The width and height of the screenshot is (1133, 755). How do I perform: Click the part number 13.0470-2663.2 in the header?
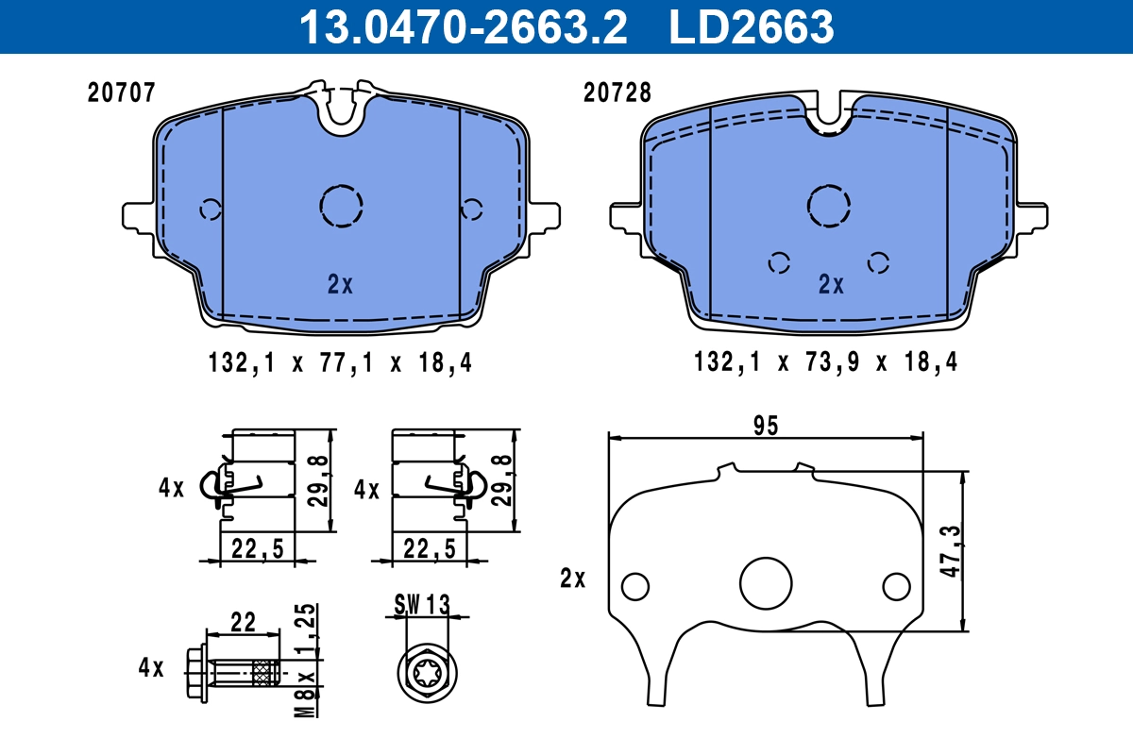tap(463, 26)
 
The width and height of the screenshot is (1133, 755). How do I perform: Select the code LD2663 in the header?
tap(752, 26)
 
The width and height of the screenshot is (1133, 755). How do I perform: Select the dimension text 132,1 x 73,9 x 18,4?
tap(825, 362)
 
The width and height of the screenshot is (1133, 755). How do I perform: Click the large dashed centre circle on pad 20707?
tap(341, 205)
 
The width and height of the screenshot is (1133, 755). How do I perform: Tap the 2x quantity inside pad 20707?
tap(340, 284)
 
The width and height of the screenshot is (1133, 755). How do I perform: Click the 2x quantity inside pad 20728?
tap(831, 284)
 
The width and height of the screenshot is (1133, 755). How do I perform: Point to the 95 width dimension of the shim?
tap(766, 426)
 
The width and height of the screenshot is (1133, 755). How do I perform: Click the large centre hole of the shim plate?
tap(766, 583)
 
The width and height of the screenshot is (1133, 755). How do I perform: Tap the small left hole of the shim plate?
tap(635, 586)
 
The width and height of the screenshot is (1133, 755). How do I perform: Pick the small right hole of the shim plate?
tap(896, 586)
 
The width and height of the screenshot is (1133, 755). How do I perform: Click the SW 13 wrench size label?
tap(422, 604)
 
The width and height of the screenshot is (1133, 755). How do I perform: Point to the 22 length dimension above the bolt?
tap(244, 622)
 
